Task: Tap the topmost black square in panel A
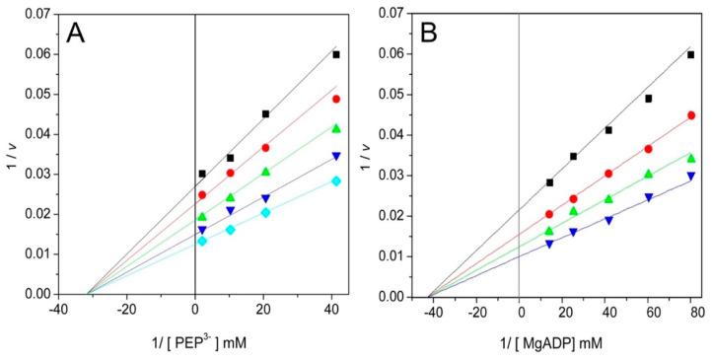pyautogui.click(x=336, y=55)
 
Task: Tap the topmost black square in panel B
pyautogui.click(x=690, y=55)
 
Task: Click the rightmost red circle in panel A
pyautogui.click(x=336, y=100)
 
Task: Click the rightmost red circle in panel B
pyautogui.click(x=690, y=115)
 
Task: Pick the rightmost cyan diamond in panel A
pyautogui.click(x=336, y=180)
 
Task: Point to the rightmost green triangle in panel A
pyautogui.click(x=336, y=128)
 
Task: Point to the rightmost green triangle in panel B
pyautogui.click(x=690, y=158)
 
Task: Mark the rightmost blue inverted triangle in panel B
pyautogui.click(x=690, y=177)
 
